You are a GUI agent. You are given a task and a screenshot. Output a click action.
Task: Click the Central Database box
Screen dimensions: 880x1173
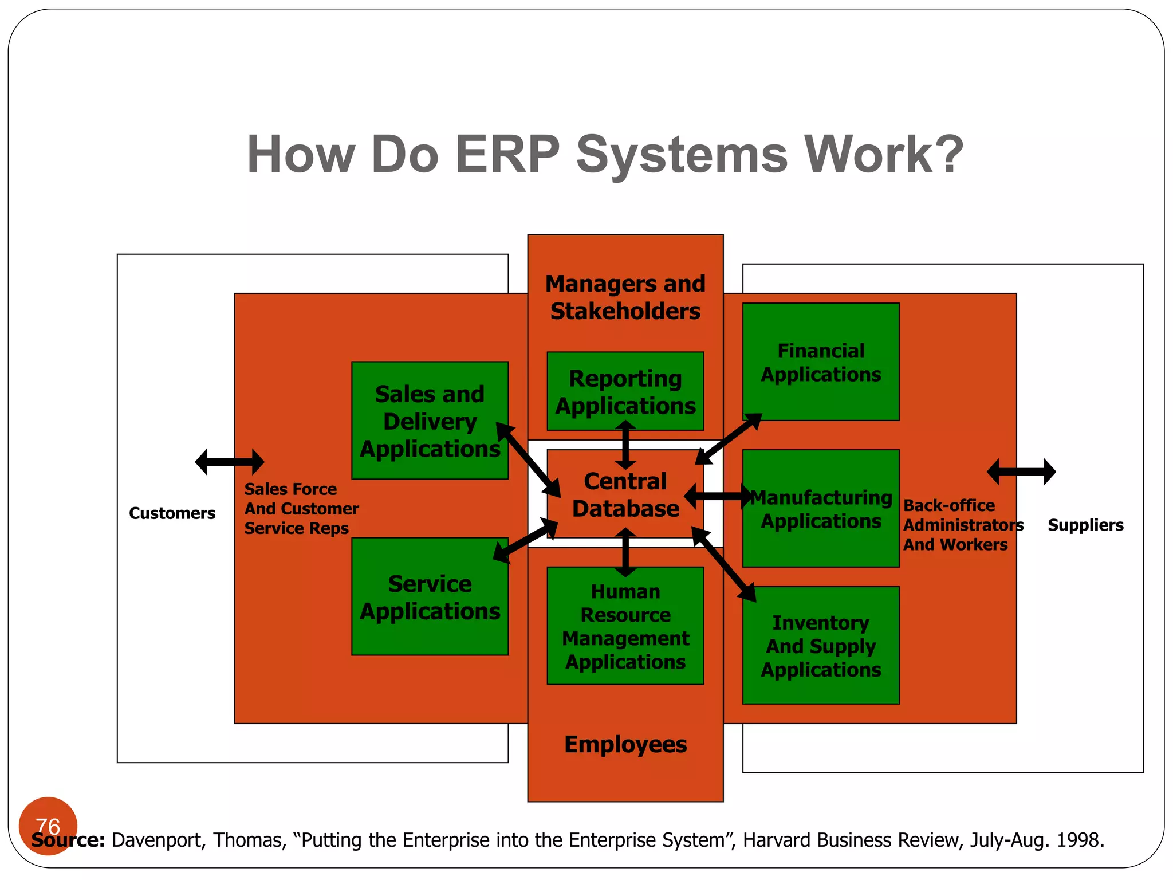[625, 494]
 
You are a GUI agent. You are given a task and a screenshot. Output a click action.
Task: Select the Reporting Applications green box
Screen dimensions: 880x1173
[625, 391]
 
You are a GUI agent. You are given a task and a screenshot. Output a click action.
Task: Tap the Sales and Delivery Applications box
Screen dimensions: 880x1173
[430, 421]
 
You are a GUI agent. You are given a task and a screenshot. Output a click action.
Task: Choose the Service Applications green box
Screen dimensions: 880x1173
[430, 598]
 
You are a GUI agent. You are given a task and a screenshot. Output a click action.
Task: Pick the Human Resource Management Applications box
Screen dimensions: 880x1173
[625, 626]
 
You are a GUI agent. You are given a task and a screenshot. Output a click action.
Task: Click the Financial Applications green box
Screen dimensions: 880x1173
[820, 362]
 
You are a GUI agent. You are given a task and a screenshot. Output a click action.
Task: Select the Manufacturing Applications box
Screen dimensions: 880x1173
[820, 509]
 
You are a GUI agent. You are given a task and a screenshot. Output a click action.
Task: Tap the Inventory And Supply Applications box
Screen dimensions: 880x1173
[820, 646]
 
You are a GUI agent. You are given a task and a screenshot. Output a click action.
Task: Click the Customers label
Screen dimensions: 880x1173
[172, 513]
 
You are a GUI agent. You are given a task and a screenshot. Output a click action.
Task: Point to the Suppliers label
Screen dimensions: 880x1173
[1085, 525]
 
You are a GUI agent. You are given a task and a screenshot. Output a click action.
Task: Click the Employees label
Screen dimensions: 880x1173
[625, 744]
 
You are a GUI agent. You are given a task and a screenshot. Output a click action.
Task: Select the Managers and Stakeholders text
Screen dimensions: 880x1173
[625, 297]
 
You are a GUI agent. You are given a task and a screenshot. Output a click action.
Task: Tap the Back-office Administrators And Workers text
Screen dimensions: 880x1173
[962, 525]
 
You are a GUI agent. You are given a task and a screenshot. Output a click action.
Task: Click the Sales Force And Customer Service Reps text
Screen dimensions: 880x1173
[301, 509]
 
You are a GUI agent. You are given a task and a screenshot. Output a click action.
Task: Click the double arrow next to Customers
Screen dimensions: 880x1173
[229, 462]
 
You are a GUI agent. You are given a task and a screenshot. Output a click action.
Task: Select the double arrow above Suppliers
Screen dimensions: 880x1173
[1021, 472]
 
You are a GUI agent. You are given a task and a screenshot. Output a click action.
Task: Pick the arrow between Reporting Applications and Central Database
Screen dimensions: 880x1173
[625, 445]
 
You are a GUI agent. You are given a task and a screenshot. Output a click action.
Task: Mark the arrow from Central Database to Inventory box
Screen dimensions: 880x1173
[724, 564]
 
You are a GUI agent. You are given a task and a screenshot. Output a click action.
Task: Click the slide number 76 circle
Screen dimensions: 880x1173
[48, 826]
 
